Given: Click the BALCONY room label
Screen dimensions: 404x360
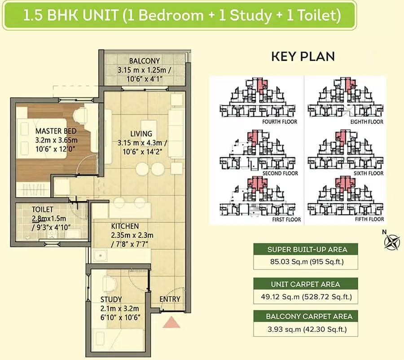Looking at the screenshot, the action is (144, 61).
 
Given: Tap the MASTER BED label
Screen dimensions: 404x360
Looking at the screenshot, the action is (56, 131).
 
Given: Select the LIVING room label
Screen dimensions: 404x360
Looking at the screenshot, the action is (141, 134).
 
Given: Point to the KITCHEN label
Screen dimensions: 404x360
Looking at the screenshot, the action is (125, 226).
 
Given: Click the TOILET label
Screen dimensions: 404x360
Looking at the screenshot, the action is (43, 210).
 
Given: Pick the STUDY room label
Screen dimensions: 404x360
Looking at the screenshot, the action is (111, 299).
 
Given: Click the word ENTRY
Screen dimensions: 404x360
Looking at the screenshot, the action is (170, 299).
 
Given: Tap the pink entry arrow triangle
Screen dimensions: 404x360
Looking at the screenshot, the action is (171, 323).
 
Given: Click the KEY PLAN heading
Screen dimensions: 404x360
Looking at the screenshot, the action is (303, 57).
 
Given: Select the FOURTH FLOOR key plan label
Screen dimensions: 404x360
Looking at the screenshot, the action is (280, 122).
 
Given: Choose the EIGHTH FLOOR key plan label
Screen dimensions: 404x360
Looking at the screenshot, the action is (367, 122).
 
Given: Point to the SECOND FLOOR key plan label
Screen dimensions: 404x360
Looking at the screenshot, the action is (280, 173).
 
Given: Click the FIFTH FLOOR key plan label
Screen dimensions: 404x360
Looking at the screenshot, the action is (369, 220).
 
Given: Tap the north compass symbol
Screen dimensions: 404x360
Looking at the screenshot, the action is (391, 241).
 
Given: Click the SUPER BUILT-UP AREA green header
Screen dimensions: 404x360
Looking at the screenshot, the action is (306, 250).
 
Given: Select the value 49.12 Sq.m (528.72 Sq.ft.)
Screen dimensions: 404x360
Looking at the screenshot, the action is (306, 297).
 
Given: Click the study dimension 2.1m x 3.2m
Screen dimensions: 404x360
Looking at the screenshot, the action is (119, 308).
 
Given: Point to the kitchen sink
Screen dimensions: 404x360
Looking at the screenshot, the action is (100, 255).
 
